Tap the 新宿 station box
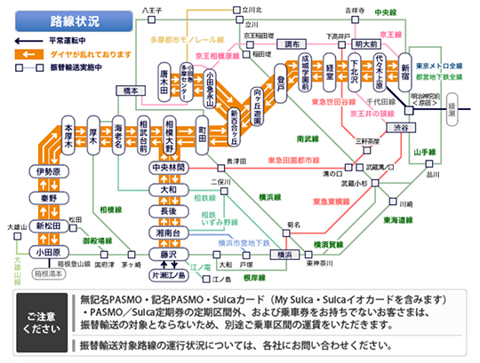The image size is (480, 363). pos(405,68)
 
